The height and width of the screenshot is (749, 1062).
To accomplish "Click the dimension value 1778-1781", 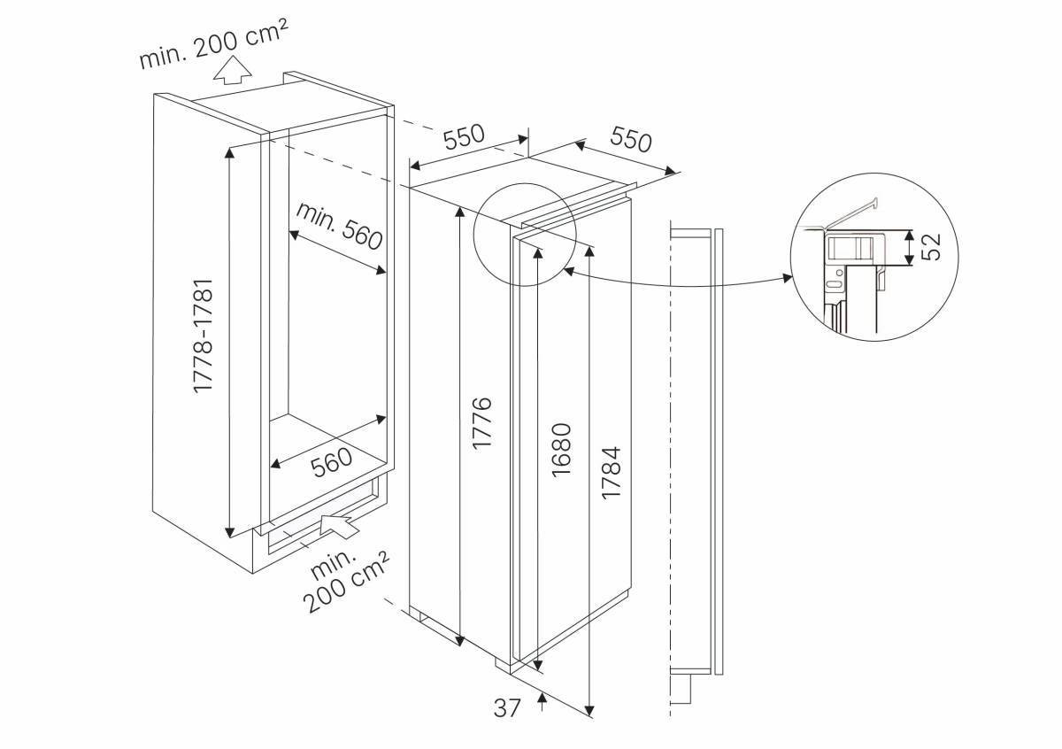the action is click(204, 336).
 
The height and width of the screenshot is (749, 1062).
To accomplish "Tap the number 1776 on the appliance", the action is click(482, 423).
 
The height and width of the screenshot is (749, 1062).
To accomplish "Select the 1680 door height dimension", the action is click(562, 450).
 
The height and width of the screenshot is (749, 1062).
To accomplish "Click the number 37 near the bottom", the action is click(507, 722).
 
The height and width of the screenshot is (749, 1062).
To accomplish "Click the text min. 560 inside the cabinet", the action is click(339, 226).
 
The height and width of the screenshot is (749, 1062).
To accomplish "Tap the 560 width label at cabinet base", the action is click(332, 461).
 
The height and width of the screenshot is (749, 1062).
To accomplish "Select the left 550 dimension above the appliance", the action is click(464, 136).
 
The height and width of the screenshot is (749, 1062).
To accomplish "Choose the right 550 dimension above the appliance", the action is click(631, 140).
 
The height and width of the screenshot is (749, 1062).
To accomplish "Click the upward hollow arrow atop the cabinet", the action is click(232, 70).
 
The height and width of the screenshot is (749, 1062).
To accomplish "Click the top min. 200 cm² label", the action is click(213, 43).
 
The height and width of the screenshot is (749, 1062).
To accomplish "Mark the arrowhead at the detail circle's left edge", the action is click(569, 271).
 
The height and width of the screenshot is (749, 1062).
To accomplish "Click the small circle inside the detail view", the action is click(840, 273).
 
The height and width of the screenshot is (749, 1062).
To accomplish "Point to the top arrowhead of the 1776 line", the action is click(459, 212).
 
